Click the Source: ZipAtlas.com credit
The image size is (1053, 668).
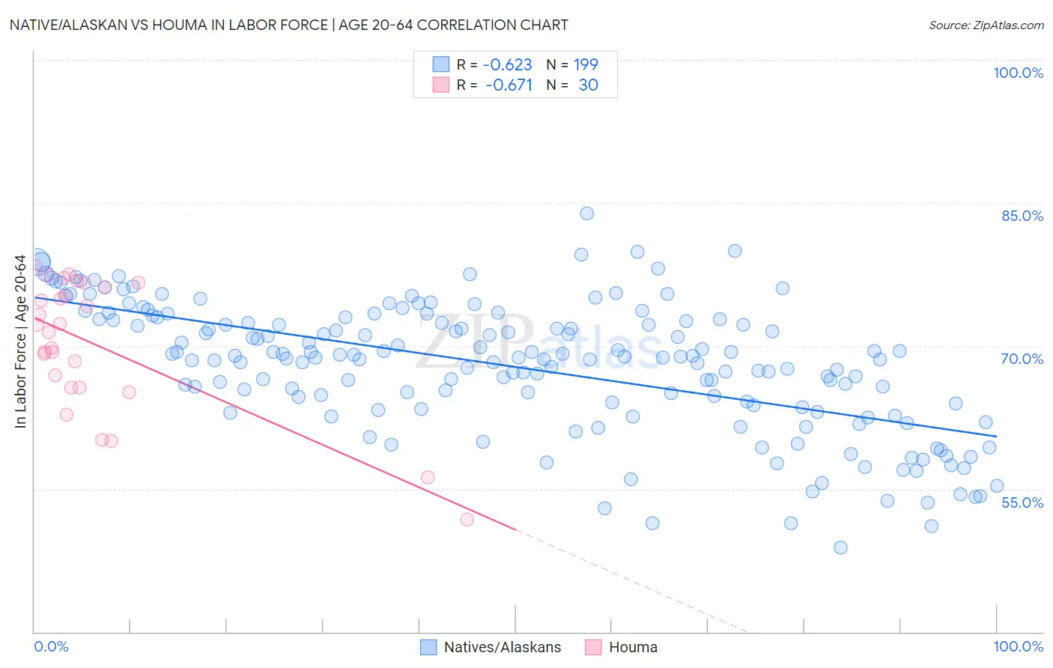click(x=986, y=25)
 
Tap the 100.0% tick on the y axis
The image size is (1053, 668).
click(x=1018, y=73)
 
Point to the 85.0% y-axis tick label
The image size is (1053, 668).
click(x=1022, y=216)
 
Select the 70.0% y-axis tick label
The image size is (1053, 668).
click(x=1022, y=359)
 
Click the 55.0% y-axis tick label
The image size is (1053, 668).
click(x=1022, y=502)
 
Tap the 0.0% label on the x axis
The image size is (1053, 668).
click(x=51, y=646)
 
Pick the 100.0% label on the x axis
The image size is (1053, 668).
click(x=1018, y=646)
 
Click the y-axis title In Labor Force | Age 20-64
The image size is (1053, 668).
click(x=21, y=341)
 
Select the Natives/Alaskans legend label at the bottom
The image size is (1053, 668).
click(x=502, y=647)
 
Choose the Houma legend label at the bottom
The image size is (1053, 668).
click(x=633, y=647)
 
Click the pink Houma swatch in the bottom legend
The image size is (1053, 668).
click(x=593, y=647)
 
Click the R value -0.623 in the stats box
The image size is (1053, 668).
click(x=507, y=64)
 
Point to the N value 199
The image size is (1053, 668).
click(x=586, y=64)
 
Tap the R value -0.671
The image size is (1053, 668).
click(x=509, y=85)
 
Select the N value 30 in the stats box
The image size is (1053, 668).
click(x=588, y=85)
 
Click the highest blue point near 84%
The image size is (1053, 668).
click(x=587, y=213)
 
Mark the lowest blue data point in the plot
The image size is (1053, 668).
click(x=840, y=547)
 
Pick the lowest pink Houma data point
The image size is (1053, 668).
click(x=467, y=519)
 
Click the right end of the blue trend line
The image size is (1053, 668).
click(x=996, y=436)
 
